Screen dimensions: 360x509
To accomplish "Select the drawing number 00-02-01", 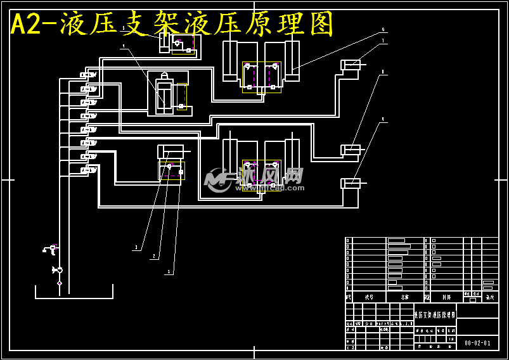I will (x=477, y=343).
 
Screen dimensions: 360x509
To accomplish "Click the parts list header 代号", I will (x=369, y=296).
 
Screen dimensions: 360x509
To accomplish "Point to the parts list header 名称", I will (x=405, y=296).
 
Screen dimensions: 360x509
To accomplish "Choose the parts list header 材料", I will (x=446, y=296).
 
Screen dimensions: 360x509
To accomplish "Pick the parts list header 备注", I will (x=489, y=296).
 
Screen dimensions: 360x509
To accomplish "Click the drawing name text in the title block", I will (x=434, y=314).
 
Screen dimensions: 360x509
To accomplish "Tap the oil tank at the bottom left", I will (x=74, y=292).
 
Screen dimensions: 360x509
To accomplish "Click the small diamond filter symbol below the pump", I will (x=60, y=283).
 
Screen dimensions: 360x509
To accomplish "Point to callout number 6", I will (x=383, y=29).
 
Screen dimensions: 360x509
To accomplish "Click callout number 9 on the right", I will (x=383, y=119).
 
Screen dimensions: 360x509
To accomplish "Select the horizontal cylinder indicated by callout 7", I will (x=351, y=65).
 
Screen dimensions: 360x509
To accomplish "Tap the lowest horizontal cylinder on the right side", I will (x=351, y=183).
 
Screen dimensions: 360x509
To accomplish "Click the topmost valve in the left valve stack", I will (x=88, y=75).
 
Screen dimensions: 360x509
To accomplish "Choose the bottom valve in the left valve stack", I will (x=88, y=169).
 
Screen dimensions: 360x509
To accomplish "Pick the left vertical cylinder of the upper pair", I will (x=229, y=61).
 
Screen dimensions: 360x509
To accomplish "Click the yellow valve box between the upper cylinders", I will (x=261, y=77).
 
